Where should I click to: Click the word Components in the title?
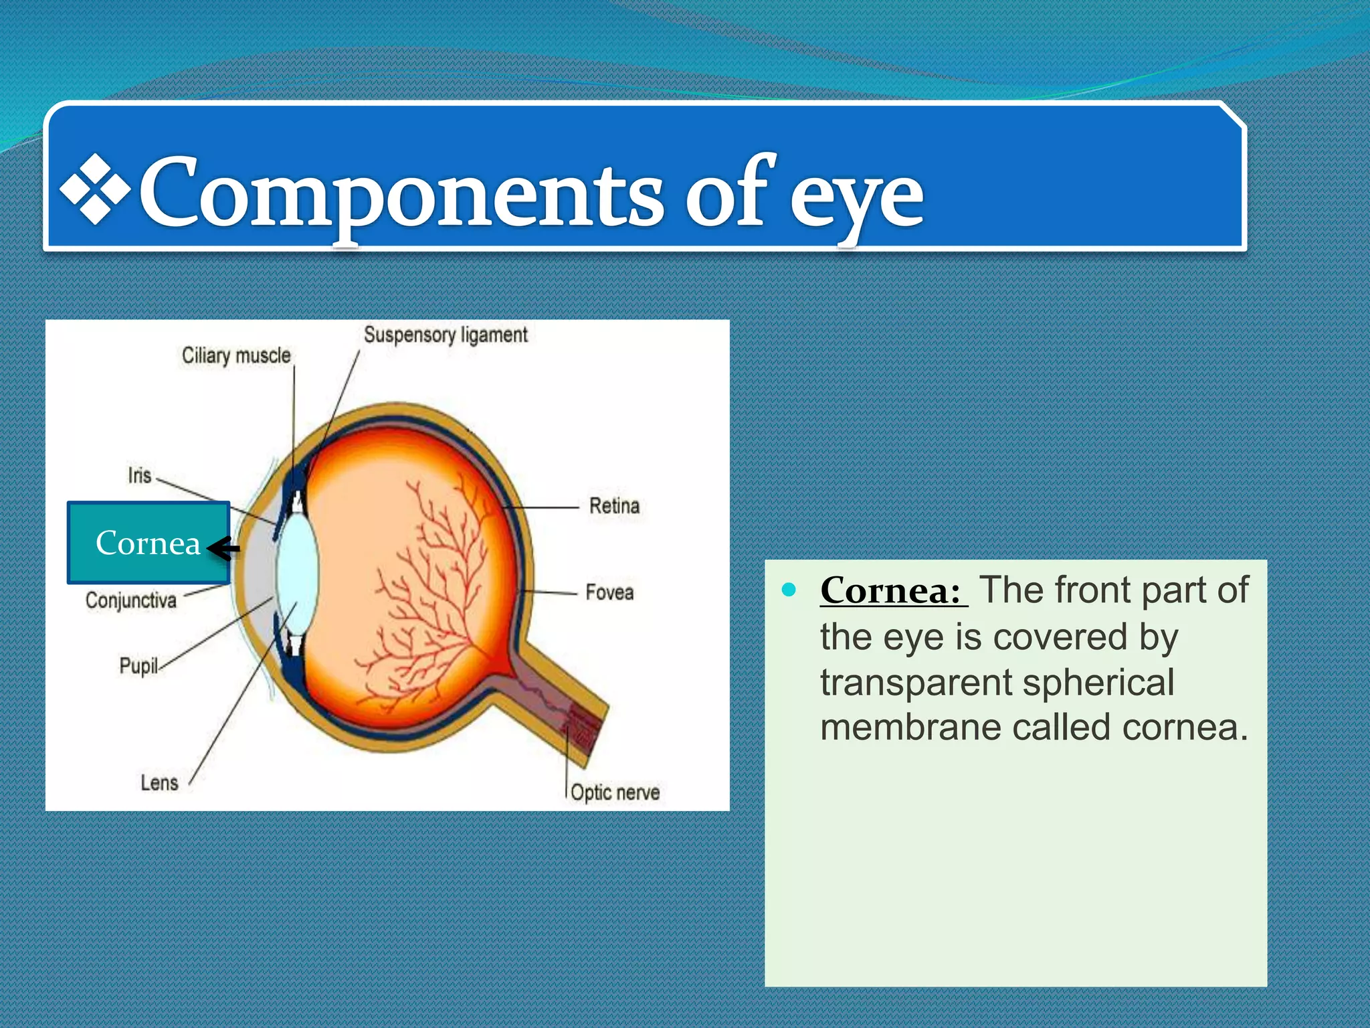[401, 194]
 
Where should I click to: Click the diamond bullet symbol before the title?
[95, 189]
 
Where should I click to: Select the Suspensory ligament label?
[446, 335]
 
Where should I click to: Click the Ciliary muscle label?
[236, 355]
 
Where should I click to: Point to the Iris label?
[140, 476]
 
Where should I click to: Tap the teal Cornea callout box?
[148, 542]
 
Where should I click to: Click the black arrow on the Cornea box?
[223, 549]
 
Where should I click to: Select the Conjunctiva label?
[131, 600]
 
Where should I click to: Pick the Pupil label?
[138, 665]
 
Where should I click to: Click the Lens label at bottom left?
[159, 782]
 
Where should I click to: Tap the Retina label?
[614, 506]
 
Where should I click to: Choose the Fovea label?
[609, 592]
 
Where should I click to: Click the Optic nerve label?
[615, 792]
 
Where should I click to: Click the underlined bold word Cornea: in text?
[892, 591]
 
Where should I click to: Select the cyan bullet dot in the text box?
[790, 590]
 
